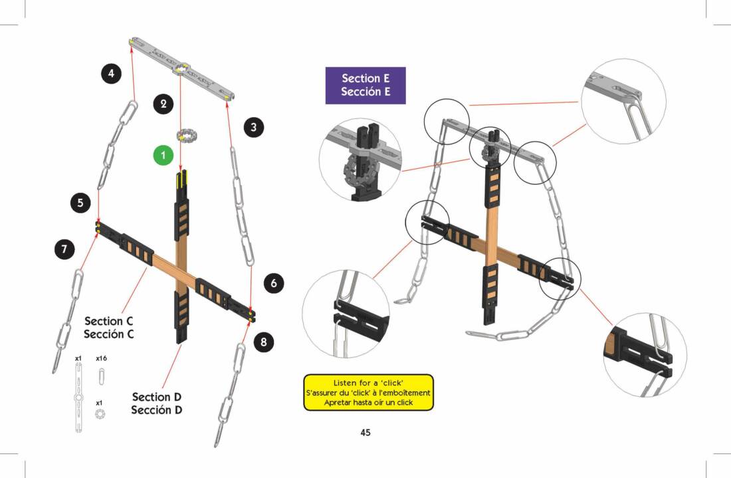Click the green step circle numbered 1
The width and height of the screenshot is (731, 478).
(x=163, y=156)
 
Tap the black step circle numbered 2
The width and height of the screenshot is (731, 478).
(x=163, y=103)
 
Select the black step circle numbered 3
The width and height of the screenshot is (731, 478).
(x=253, y=128)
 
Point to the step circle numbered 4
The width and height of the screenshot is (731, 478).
(x=112, y=74)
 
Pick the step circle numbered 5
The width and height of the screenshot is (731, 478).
(x=80, y=203)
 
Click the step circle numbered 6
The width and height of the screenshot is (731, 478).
(x=274, y=284)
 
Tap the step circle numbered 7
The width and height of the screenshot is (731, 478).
(x=64, y=249)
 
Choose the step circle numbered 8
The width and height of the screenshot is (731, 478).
(x=264, y=342)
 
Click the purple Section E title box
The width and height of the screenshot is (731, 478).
(x=365, y=85)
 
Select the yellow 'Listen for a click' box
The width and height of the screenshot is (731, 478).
(x=368, y=392)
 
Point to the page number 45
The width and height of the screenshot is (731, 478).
(x=365, y=433)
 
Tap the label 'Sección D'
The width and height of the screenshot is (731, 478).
(x=157, y=410)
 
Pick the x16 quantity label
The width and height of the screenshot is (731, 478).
(x=102, y=358)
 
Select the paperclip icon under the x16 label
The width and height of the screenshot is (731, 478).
(x=101, y=377)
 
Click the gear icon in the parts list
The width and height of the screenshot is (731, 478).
(x=100, y=414)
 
